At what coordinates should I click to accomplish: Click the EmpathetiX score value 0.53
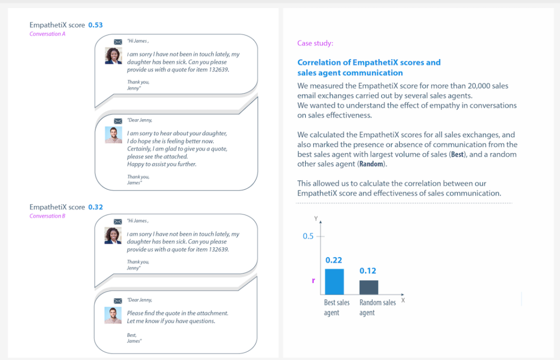pyautogui.click(x=95, y=25)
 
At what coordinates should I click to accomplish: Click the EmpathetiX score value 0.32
pyautogui.click(x=95, y=207)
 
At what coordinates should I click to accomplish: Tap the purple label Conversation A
pyautogui.click(x=47, y=34)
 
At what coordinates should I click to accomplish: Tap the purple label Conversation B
pyautogui.click(x=47, y=216)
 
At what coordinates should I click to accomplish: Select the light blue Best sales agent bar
pyautogui.click(x=334, y=282)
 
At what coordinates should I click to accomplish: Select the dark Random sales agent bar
pyautogui.click(x=369, y=287)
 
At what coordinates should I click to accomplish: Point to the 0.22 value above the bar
pyautogui.click(x=334, y=260)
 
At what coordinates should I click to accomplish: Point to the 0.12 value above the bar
pyautogui.click(x=367, y=271)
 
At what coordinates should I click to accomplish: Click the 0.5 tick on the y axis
pyautogui.click(x=308, y=236)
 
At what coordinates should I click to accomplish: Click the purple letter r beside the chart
pyautogui.click(x=313, y=280)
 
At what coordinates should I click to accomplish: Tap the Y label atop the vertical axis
pyautogui.click(x=316, y=218)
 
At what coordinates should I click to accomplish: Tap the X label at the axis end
pyautogui.click(x=403, y=300)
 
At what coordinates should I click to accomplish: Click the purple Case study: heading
pyautogui.click(x=315, y=43)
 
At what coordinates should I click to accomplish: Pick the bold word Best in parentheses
pyautogui.click(x=456, y=155)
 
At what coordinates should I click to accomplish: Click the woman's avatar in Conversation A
pyautogui.click(x=113, y=56)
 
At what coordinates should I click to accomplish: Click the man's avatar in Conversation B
pyautogui.click(x=113, y=315)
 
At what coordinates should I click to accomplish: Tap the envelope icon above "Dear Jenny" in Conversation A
pyautogui.click(x=117, y=121)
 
